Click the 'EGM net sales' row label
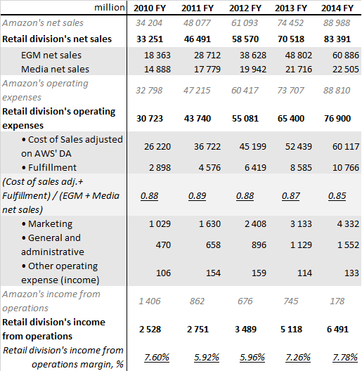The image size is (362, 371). click(x=53, y=55)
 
